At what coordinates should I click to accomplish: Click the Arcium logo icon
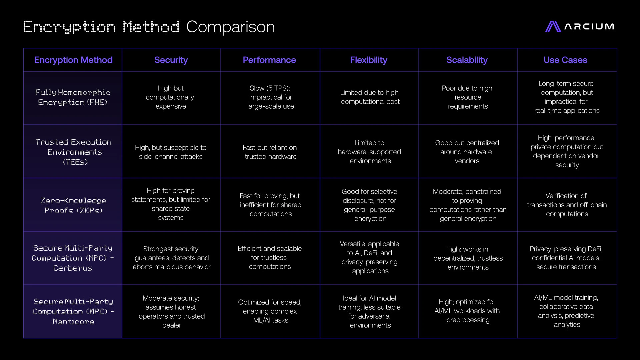[x=553, y=27]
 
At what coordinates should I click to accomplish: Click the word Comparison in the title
[x=230, y=27]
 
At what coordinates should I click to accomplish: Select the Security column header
[x=171, y=60]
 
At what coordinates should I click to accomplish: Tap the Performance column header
[x=269, y=60]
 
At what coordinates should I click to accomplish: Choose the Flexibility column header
[x=369, y=60]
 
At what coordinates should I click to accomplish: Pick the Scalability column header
[x=467, y=60]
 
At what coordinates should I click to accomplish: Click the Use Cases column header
[x=565, y=60]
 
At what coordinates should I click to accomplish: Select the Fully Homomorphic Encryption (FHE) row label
[x=73, y=97]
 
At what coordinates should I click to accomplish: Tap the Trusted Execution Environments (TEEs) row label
[x=74, y=152]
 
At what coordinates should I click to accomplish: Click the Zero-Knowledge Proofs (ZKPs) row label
[x=73, y=205]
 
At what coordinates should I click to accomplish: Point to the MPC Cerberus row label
[x=73, y=258]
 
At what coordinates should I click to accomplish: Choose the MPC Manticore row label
[x=73, y=312]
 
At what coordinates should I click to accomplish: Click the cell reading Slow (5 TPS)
[x=270, y=97]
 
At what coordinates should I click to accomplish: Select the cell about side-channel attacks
[x=171, y=152]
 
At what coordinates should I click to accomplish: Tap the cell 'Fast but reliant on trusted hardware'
[x=270, y=152]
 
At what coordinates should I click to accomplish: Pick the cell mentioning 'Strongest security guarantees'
[x=171, y=258]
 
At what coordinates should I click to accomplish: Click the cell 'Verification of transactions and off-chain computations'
[x=567, y=205]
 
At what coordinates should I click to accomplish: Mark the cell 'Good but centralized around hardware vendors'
[x=467, y=152]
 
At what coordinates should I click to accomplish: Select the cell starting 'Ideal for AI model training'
[x=370, y=312]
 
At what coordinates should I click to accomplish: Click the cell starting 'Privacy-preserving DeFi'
[x=566, y=258]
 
